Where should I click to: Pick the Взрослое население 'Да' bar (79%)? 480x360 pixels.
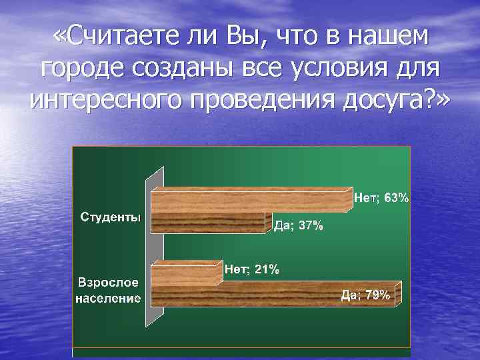point(273,295)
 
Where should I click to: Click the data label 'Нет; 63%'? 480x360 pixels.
point(381,197)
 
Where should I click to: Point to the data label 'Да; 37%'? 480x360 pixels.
point(299,226)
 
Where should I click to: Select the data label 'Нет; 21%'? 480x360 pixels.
point(252,269)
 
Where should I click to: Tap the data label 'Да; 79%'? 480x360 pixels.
point(365,295)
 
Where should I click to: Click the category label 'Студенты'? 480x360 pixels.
point(111,217)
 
